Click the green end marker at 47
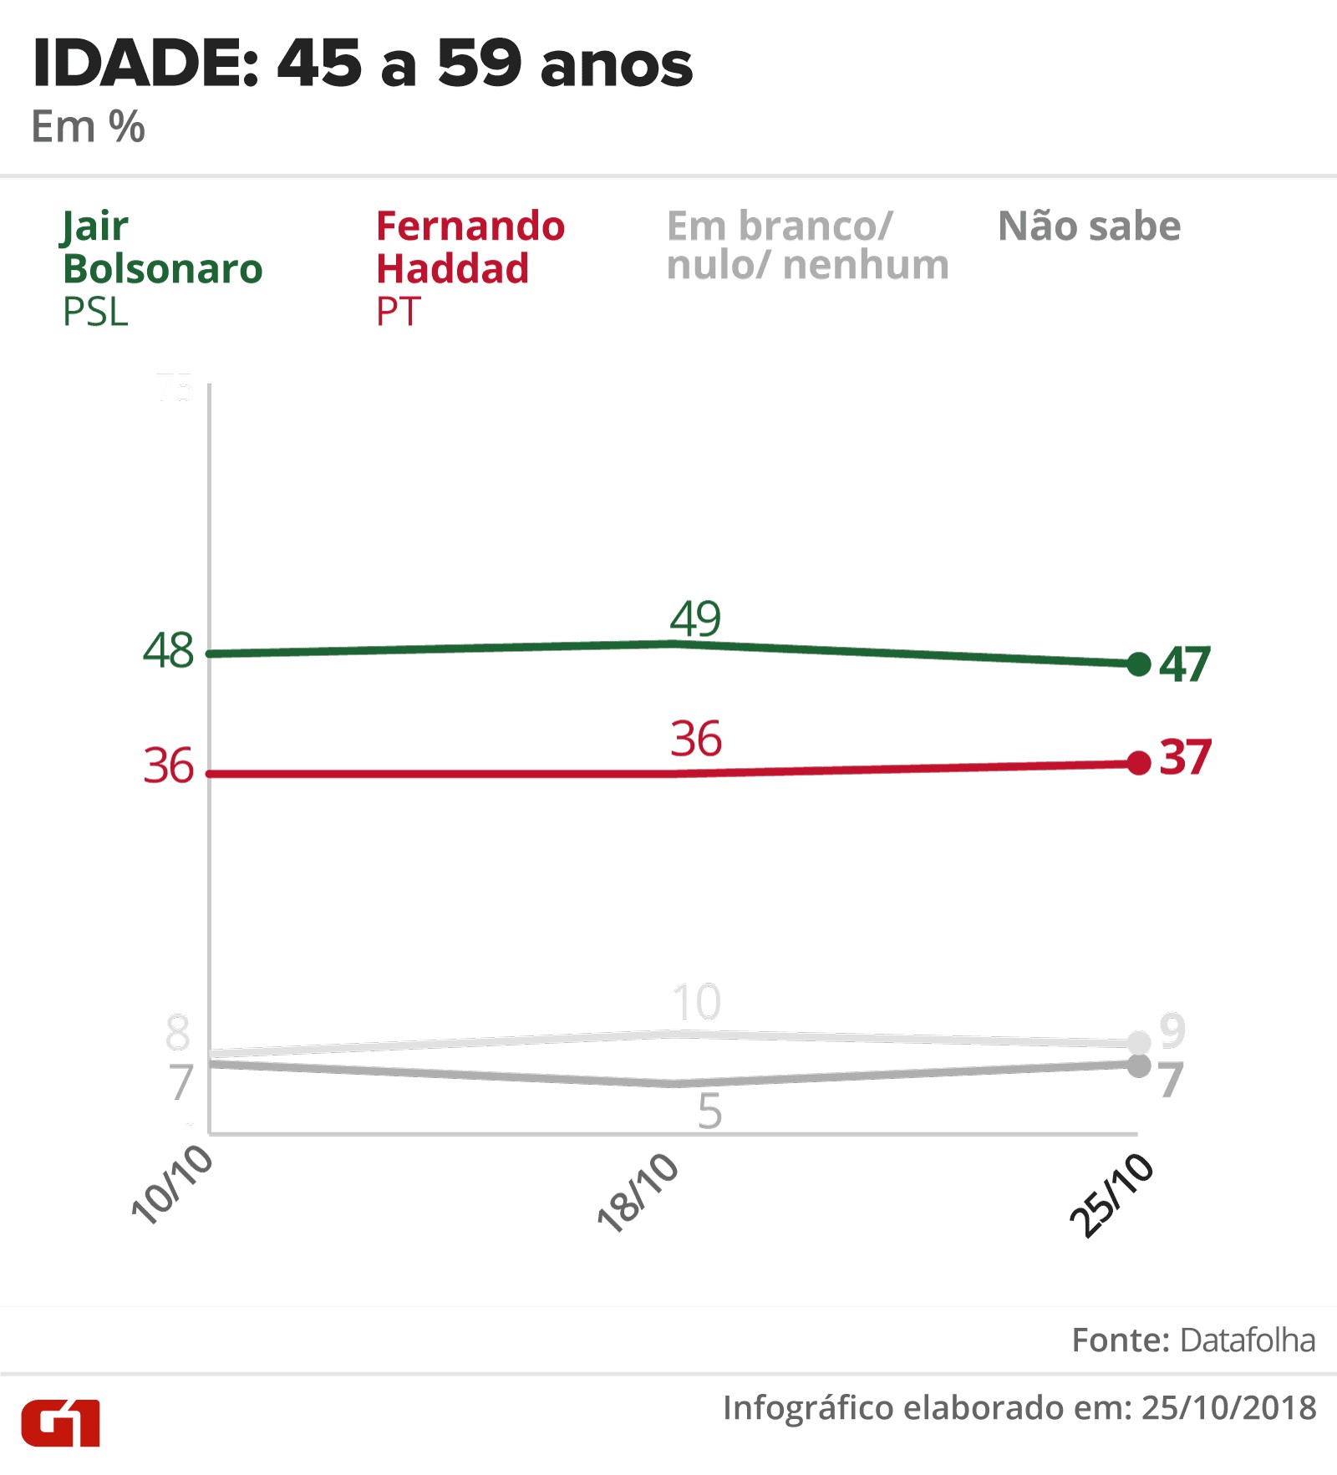click(1138, 664)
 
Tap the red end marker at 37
click(1138, 762)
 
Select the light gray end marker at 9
click(1138, 1042)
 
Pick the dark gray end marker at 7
click(1138, 1066)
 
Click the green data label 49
click(695, 619)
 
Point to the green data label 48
click(168, 650)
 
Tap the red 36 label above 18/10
click(696, 739)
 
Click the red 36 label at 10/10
click(168, 765)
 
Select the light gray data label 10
click(696, 1002)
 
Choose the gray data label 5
click(709, 1111)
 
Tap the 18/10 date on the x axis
click(638, 1193)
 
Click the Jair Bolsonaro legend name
click(162, 247)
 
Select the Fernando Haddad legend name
click(470, 247)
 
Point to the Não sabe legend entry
click(1089, 226)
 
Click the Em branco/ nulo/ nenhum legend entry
click(807, 246)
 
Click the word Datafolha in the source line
click(1248, 1340)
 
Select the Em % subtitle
click(88, 127)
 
